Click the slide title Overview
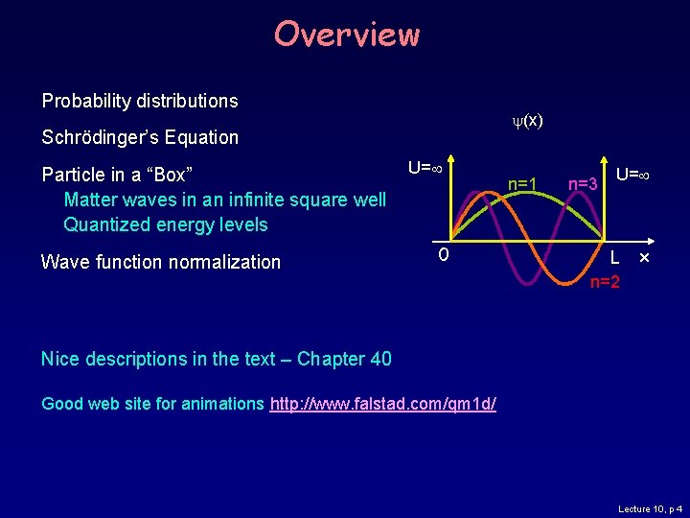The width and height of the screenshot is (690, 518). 346,35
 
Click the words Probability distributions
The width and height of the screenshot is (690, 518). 140,101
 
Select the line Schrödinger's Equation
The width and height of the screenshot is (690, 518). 140,137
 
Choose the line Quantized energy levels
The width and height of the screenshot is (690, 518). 165,224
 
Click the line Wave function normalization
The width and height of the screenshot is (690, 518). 161,262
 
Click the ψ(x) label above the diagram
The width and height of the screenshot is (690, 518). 527,120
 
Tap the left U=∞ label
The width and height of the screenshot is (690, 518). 424,168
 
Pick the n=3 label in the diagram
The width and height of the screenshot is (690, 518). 583,182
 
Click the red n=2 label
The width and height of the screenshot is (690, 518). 605,282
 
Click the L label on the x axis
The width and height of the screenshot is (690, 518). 618,259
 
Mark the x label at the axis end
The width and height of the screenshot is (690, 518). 644,259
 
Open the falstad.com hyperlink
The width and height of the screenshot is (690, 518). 383,404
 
